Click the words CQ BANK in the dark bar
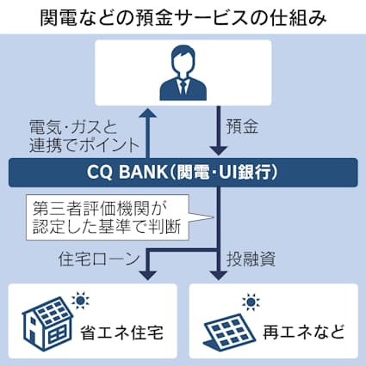tap(121, 172)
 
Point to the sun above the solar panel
tap(251, 302)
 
